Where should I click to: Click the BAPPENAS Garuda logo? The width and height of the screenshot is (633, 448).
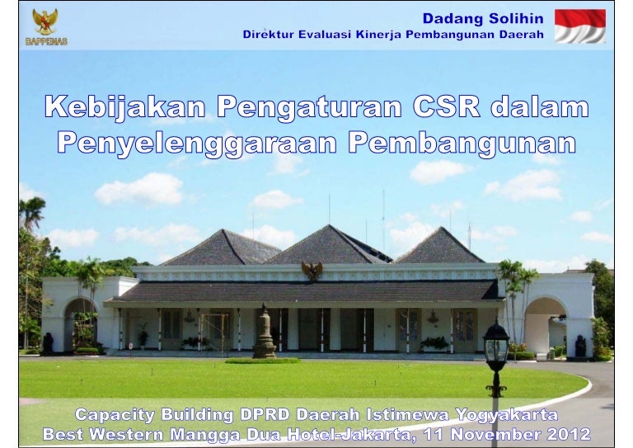(45, 26)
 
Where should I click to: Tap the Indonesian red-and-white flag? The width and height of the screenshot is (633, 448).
(579, 26)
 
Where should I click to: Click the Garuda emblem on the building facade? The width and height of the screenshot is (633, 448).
(312, 271)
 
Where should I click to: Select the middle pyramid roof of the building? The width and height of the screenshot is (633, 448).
(328, 246)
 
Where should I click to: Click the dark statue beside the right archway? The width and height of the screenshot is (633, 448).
(580, 347)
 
